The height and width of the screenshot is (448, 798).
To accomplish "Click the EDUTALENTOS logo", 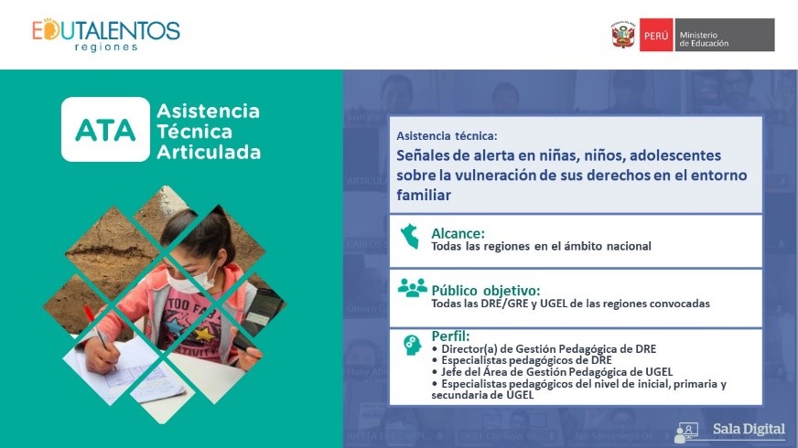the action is (106, 35).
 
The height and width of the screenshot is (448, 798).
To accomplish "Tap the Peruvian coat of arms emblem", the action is (623, 35).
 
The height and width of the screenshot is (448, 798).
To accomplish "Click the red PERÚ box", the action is (656, 35).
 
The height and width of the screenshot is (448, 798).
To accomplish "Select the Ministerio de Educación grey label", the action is (725, 35).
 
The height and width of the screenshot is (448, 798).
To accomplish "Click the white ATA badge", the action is (105, 129).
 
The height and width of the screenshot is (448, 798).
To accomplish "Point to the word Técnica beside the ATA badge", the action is (194, 131).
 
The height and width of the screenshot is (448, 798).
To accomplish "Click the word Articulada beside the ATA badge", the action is (209, 152).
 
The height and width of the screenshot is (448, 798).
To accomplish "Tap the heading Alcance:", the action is (458, 233).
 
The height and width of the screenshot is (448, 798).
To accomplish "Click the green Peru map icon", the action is (410, 236).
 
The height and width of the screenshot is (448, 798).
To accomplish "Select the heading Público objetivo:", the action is (486, 291).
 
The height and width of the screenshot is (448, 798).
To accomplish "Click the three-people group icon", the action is (412, 288).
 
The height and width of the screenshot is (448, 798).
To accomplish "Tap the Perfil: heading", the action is (450, 336).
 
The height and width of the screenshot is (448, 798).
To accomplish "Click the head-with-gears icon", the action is (412, 345).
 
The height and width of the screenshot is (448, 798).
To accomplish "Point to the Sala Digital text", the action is (749, 429).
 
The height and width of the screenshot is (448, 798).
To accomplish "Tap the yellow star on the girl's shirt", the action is (202, 334).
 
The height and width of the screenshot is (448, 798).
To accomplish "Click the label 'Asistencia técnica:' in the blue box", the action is (447, 136).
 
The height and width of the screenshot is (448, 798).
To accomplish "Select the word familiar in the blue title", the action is (424, 195).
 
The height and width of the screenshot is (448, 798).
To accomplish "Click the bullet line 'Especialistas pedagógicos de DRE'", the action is (526, 360).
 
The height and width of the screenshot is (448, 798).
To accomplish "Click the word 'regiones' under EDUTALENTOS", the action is (106, 48).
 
